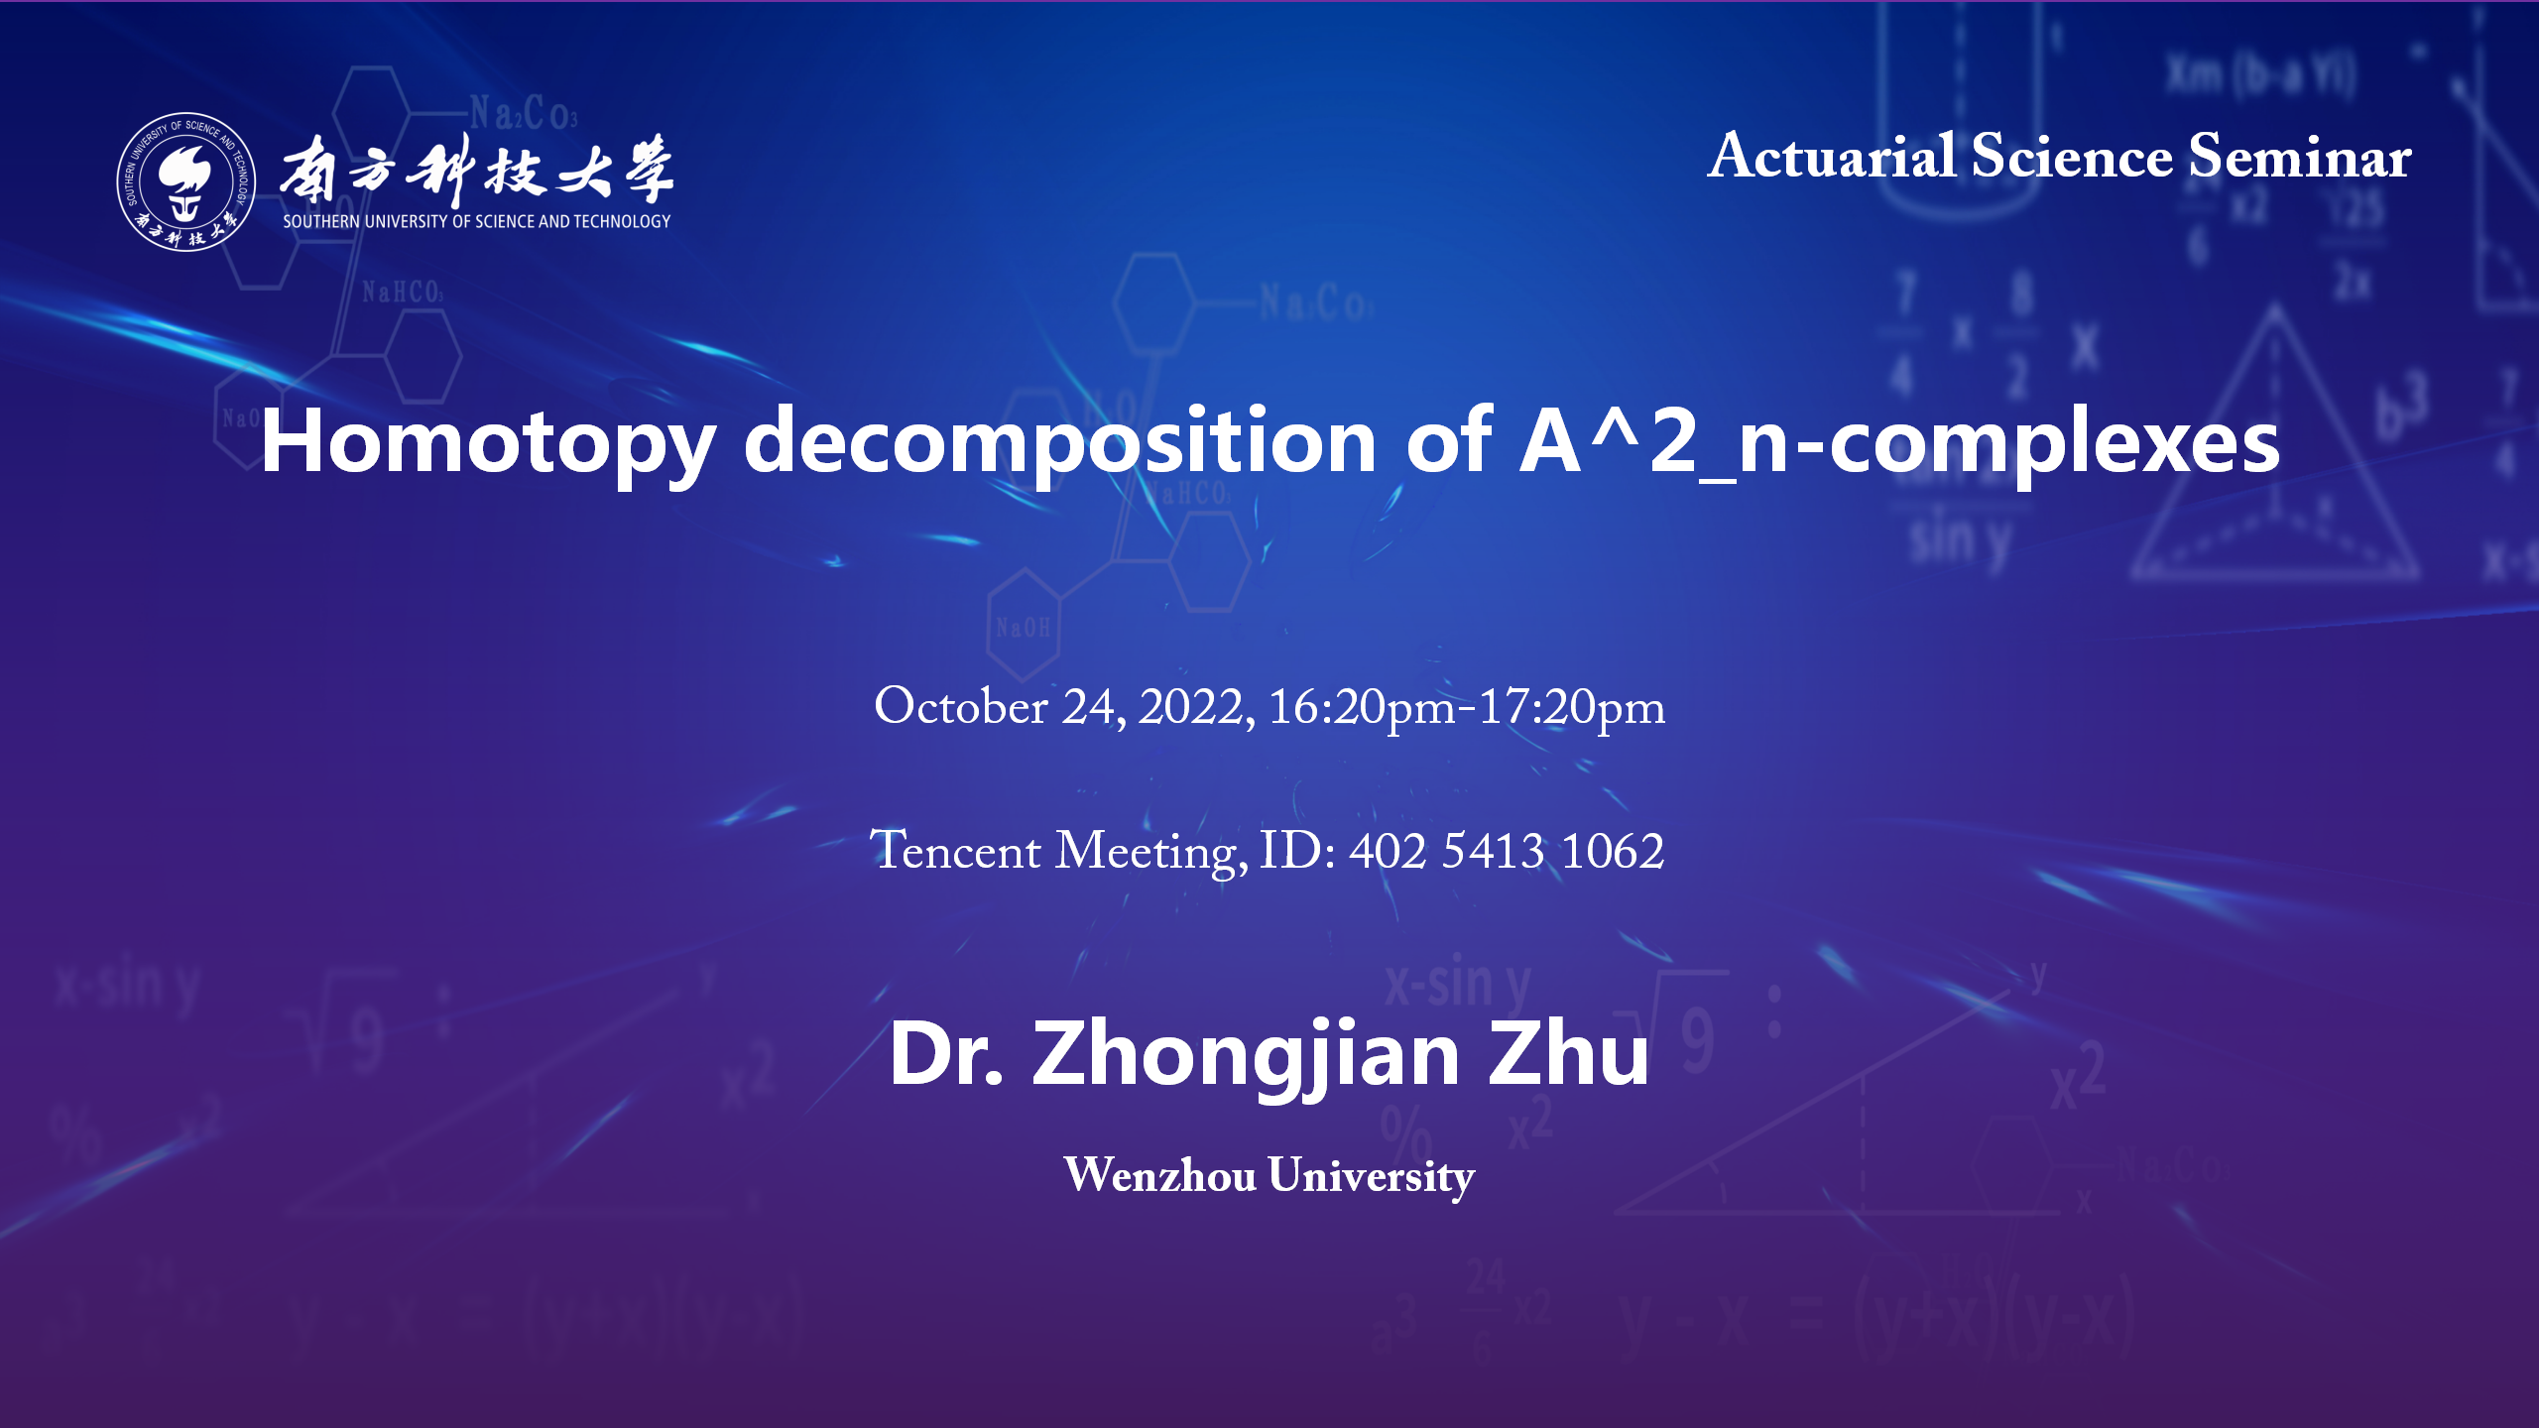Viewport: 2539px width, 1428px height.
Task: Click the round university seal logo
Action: click(186, 181)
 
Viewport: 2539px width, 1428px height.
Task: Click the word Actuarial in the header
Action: click(1832, 157)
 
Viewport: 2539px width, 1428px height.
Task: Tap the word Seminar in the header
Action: click(2300, 157)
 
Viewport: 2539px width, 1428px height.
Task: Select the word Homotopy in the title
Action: click(488, 442)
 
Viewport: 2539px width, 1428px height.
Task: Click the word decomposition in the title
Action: click(1060, 442)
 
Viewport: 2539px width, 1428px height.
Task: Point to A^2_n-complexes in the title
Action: click(1899, 442)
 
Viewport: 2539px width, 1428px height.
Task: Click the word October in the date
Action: click(960, 707)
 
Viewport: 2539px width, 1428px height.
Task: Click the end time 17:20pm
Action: click(1572, 708)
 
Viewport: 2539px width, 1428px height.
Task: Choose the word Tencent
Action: click(955, 851)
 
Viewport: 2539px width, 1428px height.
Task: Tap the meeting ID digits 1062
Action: click(1613, 851)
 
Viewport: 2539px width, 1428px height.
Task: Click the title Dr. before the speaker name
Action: click(946, 1053)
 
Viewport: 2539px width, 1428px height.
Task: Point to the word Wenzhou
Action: click(1159, 1175)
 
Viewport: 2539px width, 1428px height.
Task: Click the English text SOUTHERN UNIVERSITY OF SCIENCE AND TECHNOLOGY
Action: click(477, 221)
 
